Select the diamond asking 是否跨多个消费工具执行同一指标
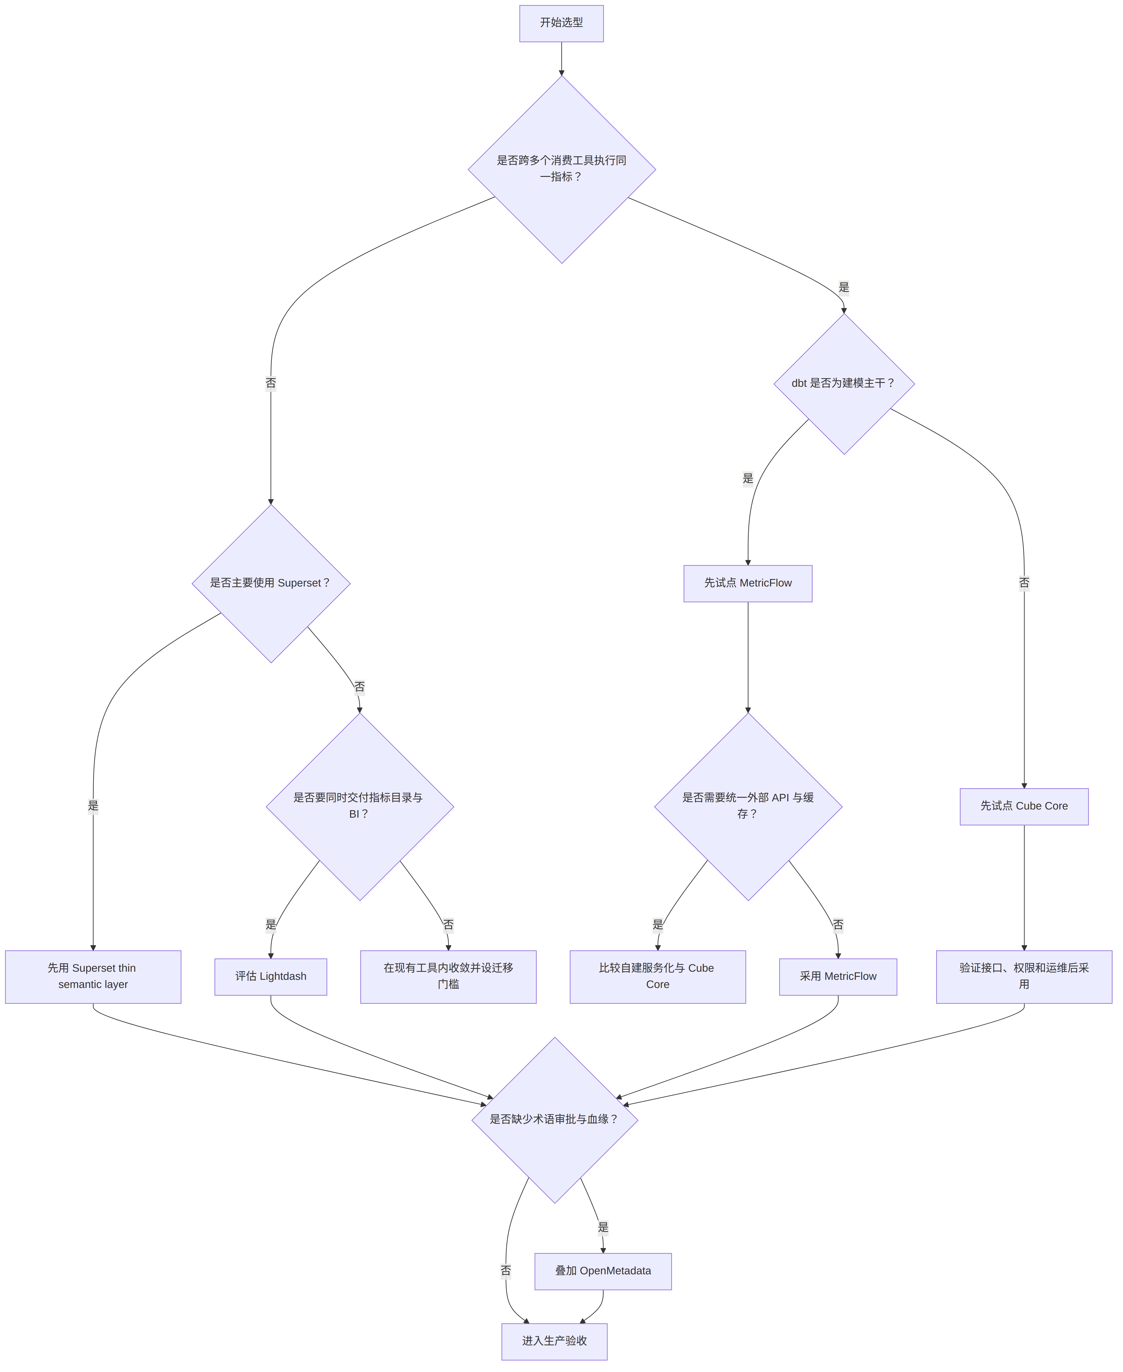coord(561,169)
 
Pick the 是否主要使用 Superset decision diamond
coord(271,584)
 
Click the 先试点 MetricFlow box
coord(748,584)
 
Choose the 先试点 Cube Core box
coord(1024,807)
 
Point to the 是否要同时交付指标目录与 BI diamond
coord(360,807)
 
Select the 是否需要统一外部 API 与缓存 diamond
coord(748,807)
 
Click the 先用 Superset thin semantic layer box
coord(93,977)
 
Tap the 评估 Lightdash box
coord(271,977)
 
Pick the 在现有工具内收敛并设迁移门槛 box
coord(448,977)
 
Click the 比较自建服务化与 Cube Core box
coord(658,977)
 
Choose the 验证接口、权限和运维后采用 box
coord(1024,977)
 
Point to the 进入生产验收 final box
coord(554,1342)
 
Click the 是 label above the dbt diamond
coord(843,287)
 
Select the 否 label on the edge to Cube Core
coord(1024,584)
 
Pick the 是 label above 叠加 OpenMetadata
coord(603,1228)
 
